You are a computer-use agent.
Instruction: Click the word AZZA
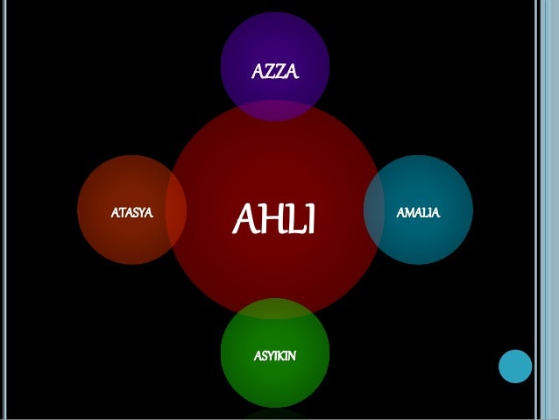point(274,71)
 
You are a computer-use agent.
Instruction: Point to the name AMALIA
point(418,212)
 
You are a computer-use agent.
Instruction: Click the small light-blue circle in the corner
point(515,366)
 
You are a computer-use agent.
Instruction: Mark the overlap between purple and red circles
point(274,110)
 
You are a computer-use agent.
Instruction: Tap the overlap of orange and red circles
point(176,210)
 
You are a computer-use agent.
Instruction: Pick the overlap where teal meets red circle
point(373,210)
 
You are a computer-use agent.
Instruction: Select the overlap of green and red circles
point(274,309)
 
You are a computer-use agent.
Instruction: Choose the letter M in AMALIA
point(409,212)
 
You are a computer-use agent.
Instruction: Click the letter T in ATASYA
point(121,212)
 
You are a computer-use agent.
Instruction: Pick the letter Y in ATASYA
point(144,212)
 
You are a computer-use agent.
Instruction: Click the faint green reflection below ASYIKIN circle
point(274,414)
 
